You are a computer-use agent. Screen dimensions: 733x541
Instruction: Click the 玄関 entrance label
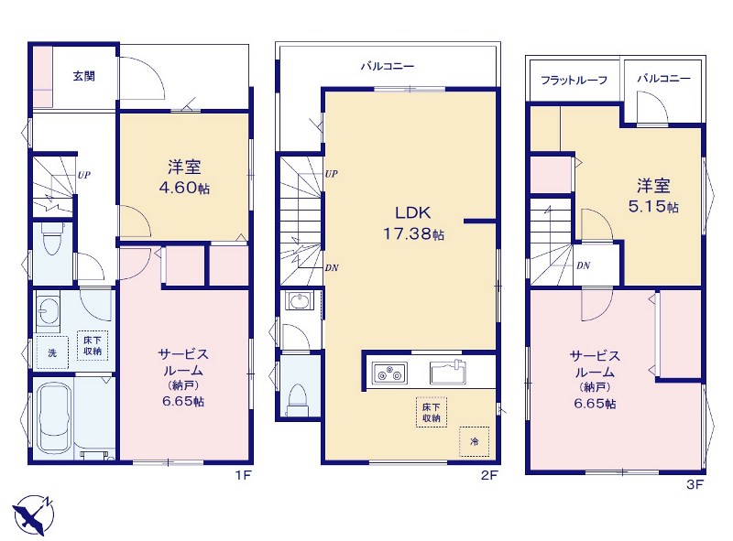(84, 76)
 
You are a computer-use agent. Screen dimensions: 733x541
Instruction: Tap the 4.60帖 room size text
(184, 188)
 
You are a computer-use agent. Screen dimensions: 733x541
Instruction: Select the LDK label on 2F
(413, 213)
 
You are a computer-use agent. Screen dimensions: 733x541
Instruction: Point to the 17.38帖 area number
(414, 233)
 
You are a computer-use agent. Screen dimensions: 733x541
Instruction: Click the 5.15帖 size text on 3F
(653, 207)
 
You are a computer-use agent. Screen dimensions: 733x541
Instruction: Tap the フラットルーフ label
(574, 80)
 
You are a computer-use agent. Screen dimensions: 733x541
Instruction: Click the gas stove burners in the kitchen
(389, 373)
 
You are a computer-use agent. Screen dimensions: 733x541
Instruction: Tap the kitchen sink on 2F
(448, 372)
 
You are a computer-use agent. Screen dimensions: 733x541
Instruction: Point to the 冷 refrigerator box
(474, 441)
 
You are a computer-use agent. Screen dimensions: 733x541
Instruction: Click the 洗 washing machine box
(52, 352)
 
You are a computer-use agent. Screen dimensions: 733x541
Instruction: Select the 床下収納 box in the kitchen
(431, 412)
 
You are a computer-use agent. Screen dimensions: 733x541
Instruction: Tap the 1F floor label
(243, 476)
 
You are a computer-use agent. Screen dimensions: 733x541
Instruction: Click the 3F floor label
(695, 484)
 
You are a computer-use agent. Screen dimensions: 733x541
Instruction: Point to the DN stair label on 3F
(583, 265)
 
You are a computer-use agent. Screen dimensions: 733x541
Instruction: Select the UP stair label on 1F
(84, 175)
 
